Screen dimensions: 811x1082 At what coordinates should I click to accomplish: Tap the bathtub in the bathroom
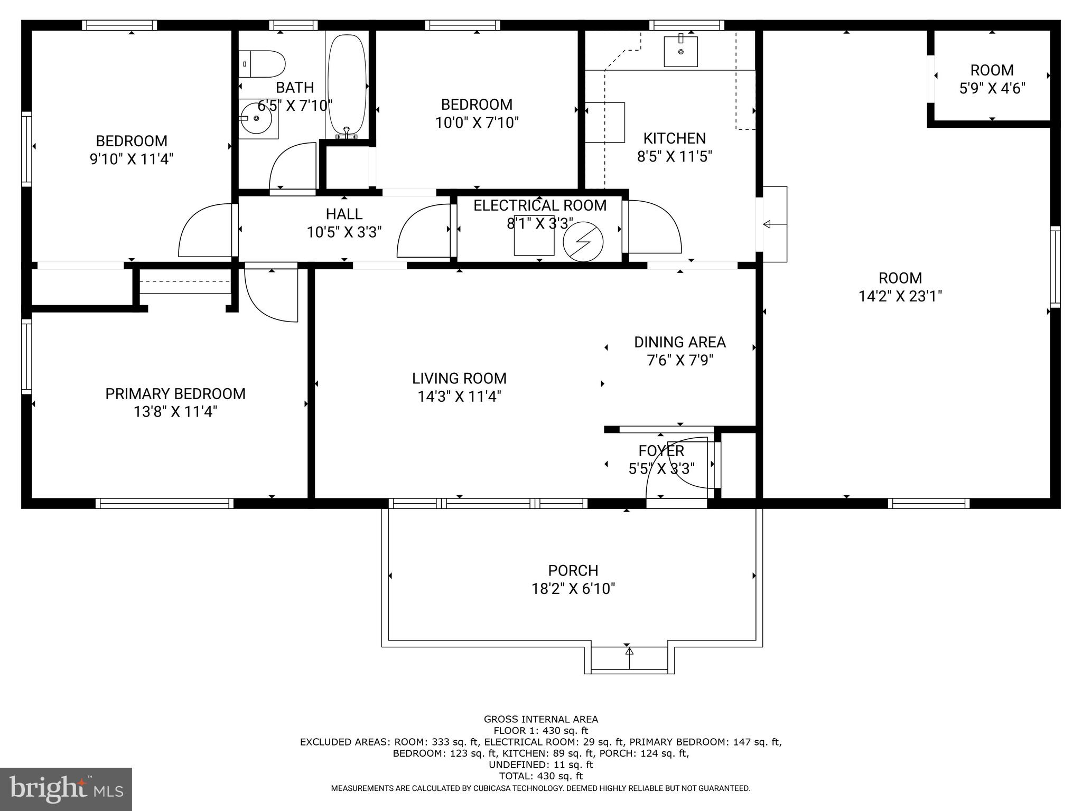pos(347,84)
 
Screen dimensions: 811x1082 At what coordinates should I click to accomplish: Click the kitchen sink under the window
pos(680,52)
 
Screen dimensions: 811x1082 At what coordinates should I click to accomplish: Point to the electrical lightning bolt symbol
pos(583,242)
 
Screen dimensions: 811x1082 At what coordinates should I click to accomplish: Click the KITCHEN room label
pos(674,138)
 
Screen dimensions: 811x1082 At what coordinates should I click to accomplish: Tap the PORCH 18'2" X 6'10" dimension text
pos(573,589)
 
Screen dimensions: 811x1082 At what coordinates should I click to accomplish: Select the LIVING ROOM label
pos(459,378)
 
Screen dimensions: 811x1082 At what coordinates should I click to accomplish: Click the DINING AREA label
pos(679,342)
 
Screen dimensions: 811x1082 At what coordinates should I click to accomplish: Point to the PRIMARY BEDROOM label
pos(175,394)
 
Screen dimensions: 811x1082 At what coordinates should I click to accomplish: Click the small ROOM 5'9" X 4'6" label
pos(992,79)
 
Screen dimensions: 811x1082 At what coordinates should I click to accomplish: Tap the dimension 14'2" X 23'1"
pos(900,296)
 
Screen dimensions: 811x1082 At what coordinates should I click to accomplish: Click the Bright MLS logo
pos(66,788)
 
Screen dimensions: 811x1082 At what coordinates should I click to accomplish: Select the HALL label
pos(344,214)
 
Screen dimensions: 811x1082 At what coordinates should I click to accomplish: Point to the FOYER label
pos(661,451)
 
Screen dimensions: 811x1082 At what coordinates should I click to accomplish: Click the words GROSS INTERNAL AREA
pos(540,719)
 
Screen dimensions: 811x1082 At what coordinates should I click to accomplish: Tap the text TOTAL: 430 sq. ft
pos(540,776)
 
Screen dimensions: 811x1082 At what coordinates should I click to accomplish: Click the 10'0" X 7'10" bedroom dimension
pos(477,123)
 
